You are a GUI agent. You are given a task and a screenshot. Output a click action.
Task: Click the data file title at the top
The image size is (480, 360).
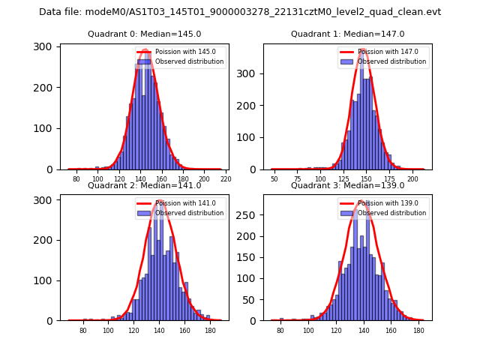coord(240,12)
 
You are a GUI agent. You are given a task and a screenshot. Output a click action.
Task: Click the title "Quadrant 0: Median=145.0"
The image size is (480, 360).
coord(145,34)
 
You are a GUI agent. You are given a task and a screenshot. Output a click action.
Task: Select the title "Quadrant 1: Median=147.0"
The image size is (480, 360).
coord(347,34)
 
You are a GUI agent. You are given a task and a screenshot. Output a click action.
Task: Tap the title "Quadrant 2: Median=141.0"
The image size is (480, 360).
coord(145,185)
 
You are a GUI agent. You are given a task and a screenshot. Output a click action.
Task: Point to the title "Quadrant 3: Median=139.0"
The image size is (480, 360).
coord(347,185)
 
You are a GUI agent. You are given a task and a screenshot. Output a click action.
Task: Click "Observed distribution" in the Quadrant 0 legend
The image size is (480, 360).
coord(189,61)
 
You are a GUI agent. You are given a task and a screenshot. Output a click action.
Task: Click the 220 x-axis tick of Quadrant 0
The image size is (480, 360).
coord(226,179)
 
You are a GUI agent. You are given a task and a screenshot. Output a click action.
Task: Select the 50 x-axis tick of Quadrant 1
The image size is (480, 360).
coord(274,179)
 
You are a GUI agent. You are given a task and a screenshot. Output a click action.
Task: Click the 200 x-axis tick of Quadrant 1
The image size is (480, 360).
coord(412,179)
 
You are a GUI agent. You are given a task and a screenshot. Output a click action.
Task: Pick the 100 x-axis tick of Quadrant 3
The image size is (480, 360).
coord(308,330)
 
